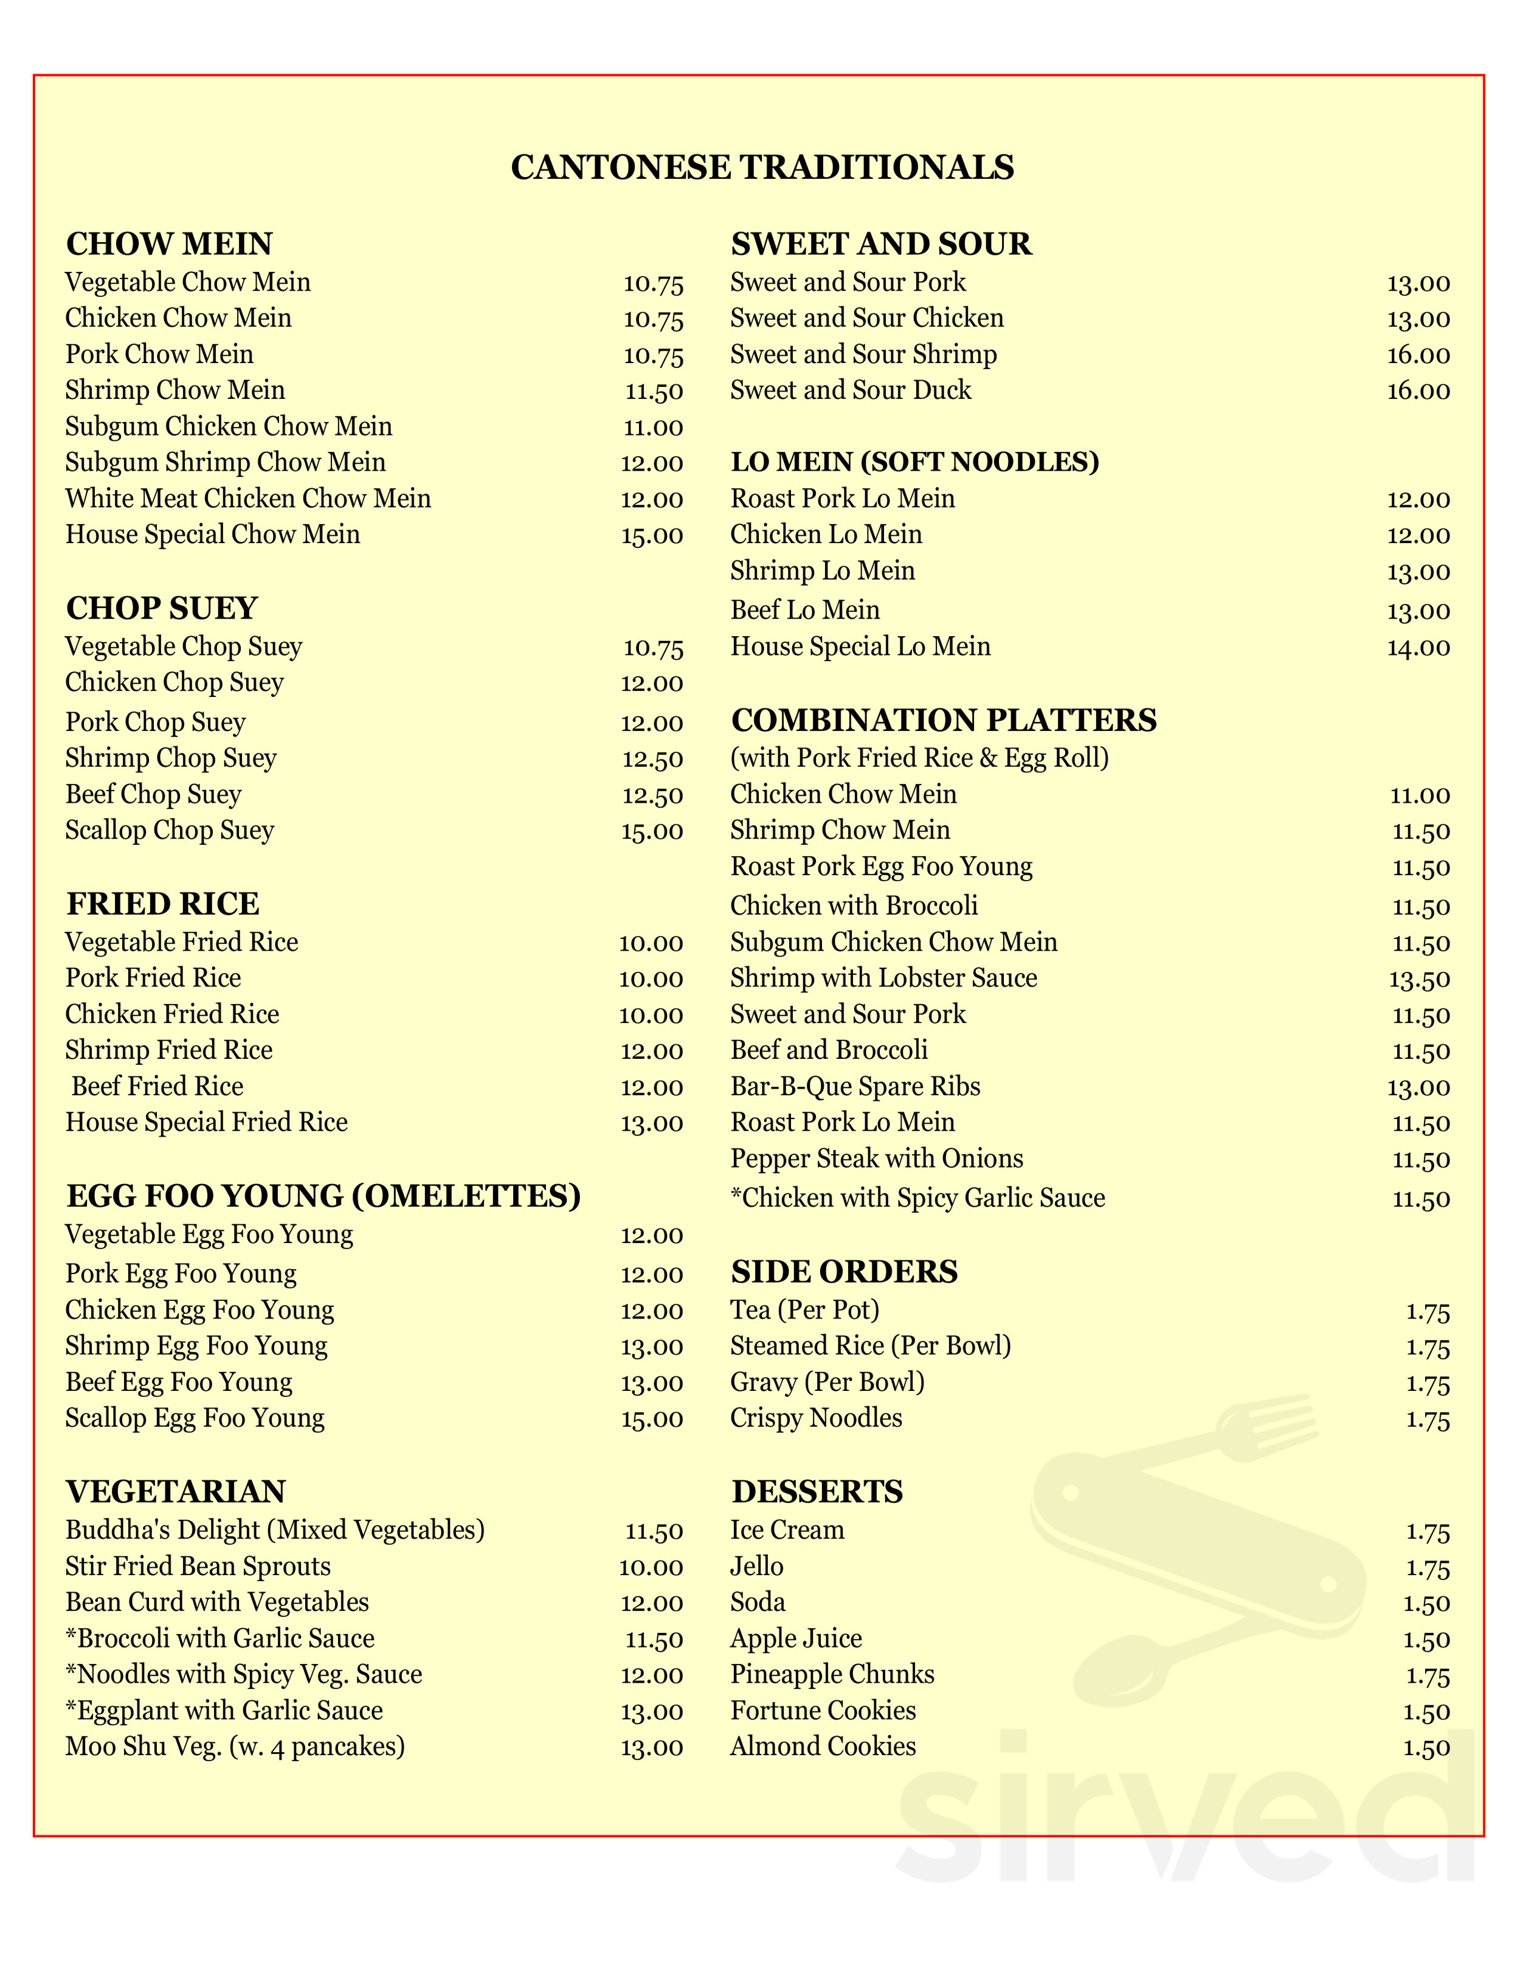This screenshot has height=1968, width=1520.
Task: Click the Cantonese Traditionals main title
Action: (x=762, y=168)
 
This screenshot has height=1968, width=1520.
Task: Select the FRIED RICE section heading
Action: (x=163, y=904)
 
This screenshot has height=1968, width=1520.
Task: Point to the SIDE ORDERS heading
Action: (x=845, y=1272)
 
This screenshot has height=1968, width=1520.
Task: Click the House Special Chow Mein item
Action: (x=213, y=535)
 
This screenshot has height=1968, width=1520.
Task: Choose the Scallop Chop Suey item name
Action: (x=170, y=830)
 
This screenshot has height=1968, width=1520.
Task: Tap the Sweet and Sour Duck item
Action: (x=851, y=390)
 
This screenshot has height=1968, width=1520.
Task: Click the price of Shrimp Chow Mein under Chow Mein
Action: (x=654, y=391)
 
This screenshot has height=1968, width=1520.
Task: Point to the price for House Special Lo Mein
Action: (x=1418, y=647)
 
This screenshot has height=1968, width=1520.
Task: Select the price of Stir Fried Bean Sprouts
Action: (x=651, y=1567)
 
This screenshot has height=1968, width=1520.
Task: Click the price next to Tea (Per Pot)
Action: (x=1428, y=1311)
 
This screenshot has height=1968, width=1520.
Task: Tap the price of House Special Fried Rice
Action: (x=651, y=1124)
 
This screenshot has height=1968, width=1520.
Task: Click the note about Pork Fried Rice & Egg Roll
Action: (x=919, y=758)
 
